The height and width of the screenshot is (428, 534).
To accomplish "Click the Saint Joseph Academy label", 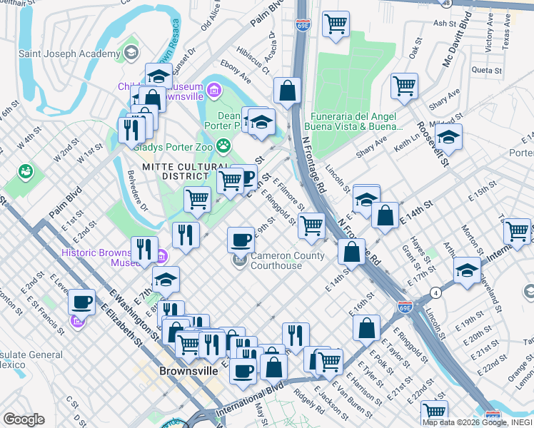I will [69, 54].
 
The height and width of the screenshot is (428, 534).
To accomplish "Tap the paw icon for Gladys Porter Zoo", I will [224, 146].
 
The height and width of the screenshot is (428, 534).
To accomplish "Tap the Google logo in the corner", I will [24, 419].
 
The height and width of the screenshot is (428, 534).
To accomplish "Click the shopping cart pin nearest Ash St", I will [336, 25].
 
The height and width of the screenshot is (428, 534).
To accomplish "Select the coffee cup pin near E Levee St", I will [82, 302].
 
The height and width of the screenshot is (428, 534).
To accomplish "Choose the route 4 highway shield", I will [435, 292].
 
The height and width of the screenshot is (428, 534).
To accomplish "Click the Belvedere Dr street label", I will [137, 190].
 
